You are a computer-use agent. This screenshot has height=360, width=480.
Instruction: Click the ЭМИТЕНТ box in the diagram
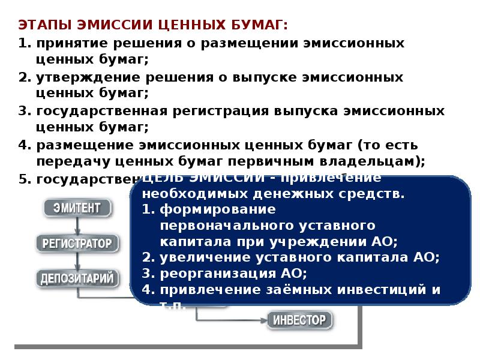[77, 209]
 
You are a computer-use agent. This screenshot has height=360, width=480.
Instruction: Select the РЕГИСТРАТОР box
[77, 244]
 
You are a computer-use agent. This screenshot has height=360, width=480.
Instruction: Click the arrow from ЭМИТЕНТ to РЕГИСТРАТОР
[77, 226]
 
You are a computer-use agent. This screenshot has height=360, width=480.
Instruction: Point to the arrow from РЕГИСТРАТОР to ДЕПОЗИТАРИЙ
[77, 261]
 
